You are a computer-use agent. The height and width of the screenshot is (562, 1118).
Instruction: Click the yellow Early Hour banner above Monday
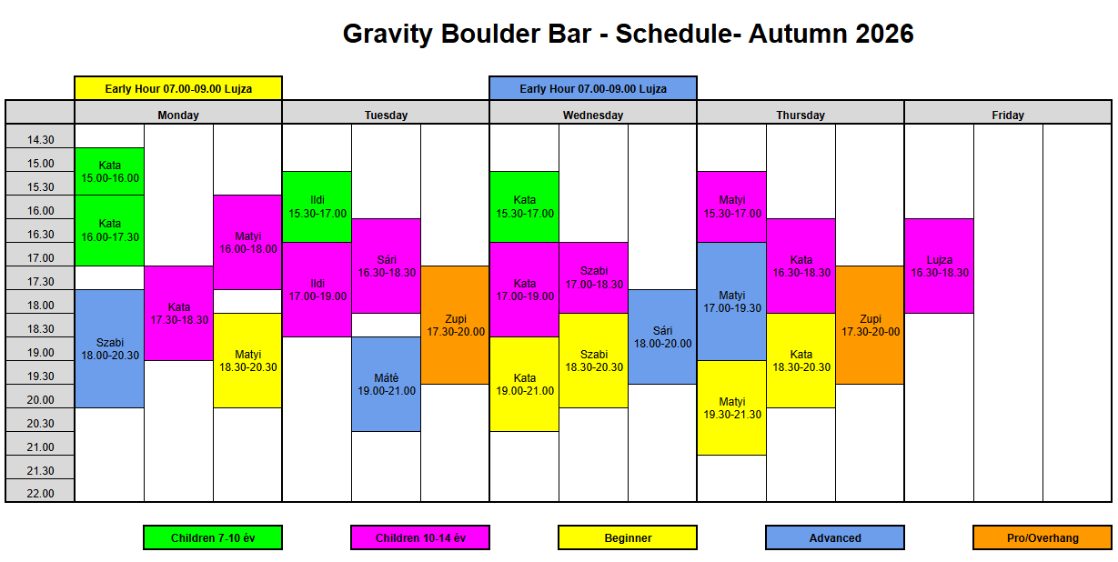click(x=178, y=88)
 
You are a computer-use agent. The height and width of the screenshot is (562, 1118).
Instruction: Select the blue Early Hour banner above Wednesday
click(x=593, y=88)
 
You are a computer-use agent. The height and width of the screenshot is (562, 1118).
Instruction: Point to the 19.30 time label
click(x=40, y=376)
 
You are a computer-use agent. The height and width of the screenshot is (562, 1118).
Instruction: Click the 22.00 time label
click(x=40, y=493)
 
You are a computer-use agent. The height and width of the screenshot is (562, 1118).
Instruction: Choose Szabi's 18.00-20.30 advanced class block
click(x=110, y=348)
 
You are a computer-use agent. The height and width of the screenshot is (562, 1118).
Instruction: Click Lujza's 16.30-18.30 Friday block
click(x=940, y=266)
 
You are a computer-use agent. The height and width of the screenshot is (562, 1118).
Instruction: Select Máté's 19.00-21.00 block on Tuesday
click(x=386, y=384)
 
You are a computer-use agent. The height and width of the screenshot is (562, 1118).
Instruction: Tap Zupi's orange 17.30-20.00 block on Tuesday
click(x=455, y=325)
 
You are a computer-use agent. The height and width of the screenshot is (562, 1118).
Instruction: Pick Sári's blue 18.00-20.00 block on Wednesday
click(x=662, y=336)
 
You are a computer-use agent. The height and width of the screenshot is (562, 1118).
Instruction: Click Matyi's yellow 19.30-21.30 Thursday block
click(x=731, y=407)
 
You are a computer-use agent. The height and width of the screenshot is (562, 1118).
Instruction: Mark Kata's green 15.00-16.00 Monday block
click(x=110, y=171)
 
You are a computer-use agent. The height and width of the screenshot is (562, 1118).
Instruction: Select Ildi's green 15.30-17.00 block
click(x=317, y=206)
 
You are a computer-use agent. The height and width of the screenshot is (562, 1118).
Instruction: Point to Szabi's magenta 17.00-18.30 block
click(x=593, y=277)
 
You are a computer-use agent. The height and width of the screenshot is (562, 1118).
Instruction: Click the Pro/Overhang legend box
click(x=1042, y=537)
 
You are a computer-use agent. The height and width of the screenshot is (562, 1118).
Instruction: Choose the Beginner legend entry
click(x=628, y=537)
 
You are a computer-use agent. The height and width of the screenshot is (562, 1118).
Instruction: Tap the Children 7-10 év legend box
click(x=213, y=537)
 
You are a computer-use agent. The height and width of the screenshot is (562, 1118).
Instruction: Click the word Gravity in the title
click(x=388, y=35)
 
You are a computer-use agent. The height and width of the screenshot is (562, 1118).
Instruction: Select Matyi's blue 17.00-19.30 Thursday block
click(x=731, y=302)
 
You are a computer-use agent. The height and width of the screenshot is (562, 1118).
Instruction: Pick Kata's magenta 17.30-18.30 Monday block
click(x=178, y=313)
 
